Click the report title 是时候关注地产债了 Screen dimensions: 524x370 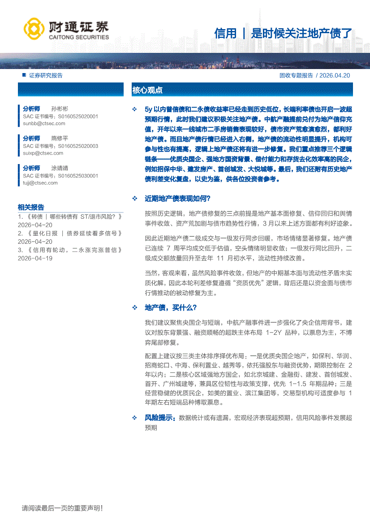pyautogui.click(x=301, y=33)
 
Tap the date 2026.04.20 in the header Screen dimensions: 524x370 pyautogui.click(x=336, y=75)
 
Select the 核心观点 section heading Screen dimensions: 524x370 pyautogui.click(x=147, y=90)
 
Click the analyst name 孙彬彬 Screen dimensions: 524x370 pyautogui.click(x=60, y=108)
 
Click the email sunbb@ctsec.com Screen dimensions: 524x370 pyautogui.click(x=44, y=123)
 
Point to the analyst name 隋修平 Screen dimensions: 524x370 pyautogui.click(x=60, y=139)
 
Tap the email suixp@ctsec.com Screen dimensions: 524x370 pyautogui.click(x=43, y=153)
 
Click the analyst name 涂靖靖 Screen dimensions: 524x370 pyautogui.click(x=60, y=168)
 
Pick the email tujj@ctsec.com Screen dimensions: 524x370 pyautogui.click(x=40, y=183)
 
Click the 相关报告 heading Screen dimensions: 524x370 pyautogui.click(x=31, y=207)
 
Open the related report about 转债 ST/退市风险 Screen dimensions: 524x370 pyautogui.click(x=70, y=217)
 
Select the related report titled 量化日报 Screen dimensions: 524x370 pyautogui.click(x=70, y=233)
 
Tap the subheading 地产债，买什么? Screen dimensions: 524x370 pyautogui.click(x=171, y=307)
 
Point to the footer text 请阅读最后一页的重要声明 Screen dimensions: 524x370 pyautogui.click(x=62, y=508)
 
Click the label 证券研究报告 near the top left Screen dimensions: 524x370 pyautogui.click(x=46, y=75)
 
